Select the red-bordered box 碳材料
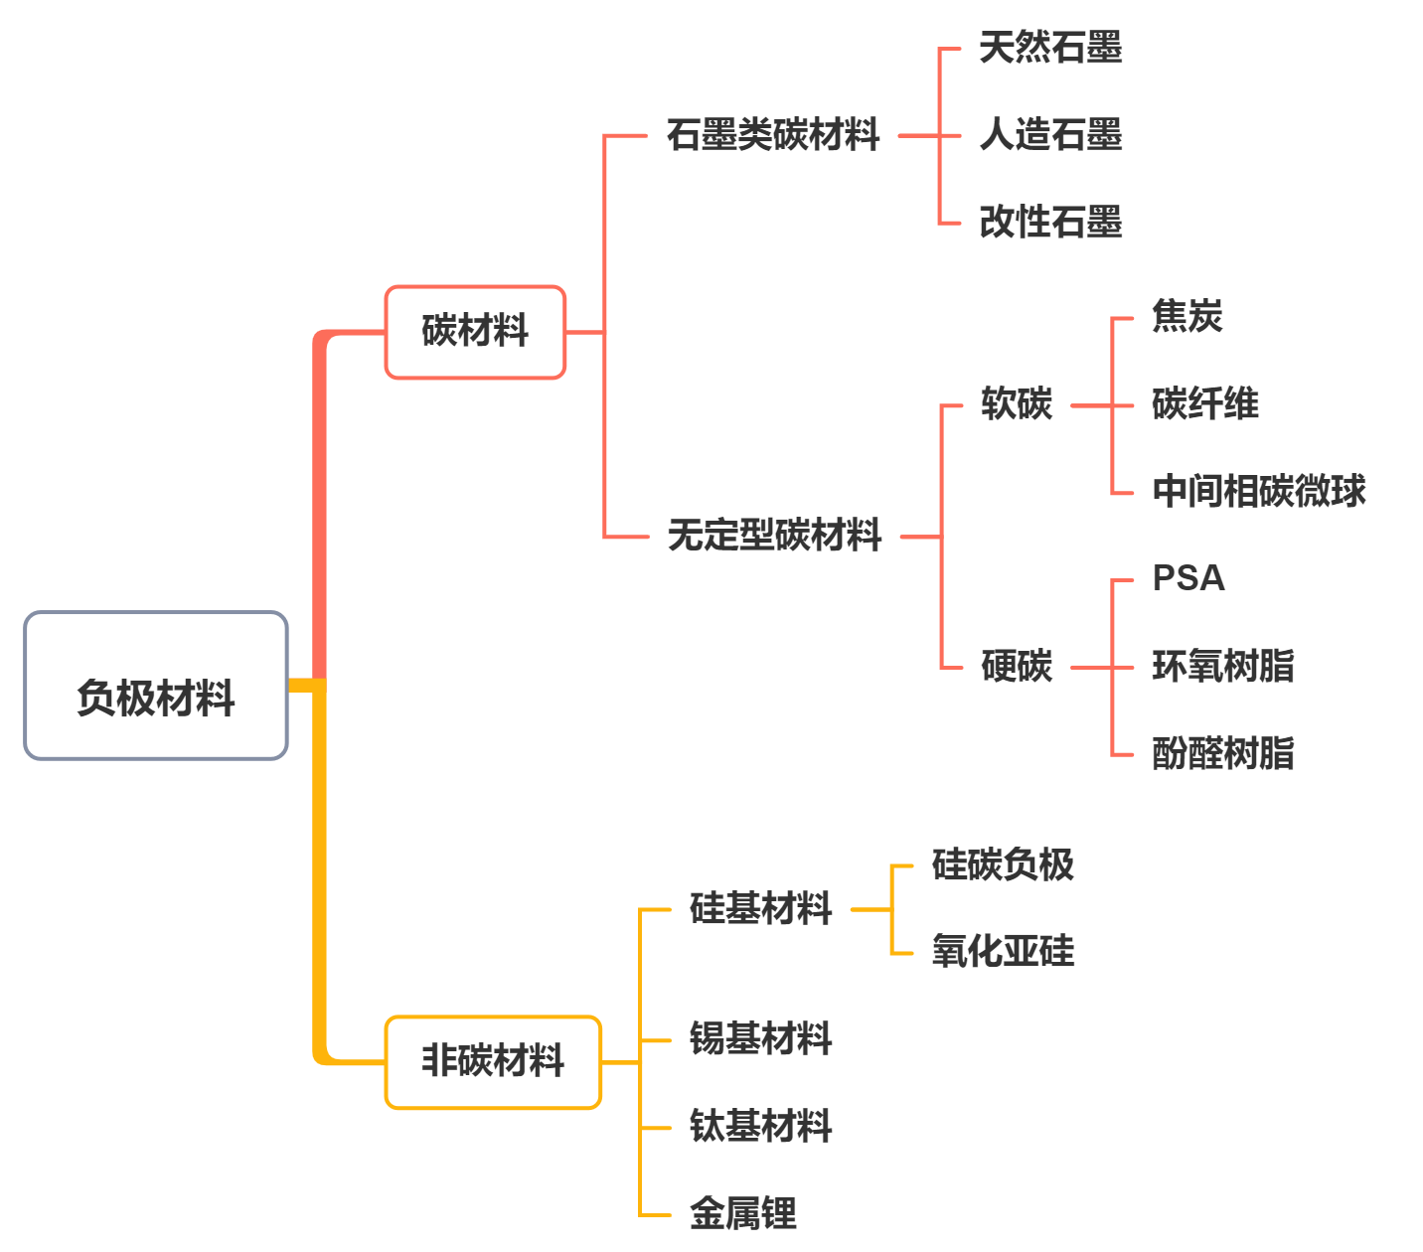(475, 332)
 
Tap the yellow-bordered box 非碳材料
(493, 1061)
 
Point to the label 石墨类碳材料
(773, 134)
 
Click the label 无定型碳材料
(775, 536)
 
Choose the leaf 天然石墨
(1050, 48)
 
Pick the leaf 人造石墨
(1050, 134)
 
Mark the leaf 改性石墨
(1050, 222)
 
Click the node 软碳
(1016, 404)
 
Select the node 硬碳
(1016, 666)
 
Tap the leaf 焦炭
(1186, 317)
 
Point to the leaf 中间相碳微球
(1259, 491)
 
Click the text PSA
(1188, 578)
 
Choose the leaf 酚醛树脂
(1223, 753)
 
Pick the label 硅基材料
(761, 908)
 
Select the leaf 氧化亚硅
(1003, 952)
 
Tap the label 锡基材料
(761, 1039)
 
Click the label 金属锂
(743, 1213)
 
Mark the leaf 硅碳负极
(1003, 864)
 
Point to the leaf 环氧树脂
(1223, 666)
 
